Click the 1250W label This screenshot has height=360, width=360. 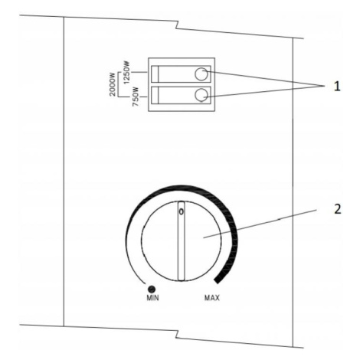(x=126, y=72)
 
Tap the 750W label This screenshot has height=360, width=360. (x=136, y=97)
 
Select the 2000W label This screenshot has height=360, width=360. (x=113, y=83)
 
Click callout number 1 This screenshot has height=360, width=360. (x=337, y=87)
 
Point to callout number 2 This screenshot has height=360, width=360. (x=337, y=209)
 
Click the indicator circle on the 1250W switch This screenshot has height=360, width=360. (x=201, y=74)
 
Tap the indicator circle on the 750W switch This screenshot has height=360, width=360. (x=201, y=95)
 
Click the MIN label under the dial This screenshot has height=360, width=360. (x=152, y=298)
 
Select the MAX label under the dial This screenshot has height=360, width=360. (x=212, y=298)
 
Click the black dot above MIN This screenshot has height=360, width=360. (x=152, y=289)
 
